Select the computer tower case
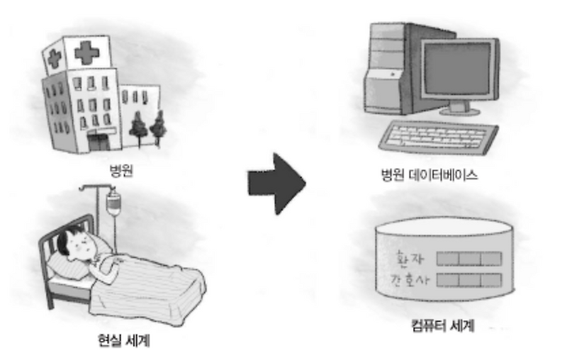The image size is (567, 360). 391,71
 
